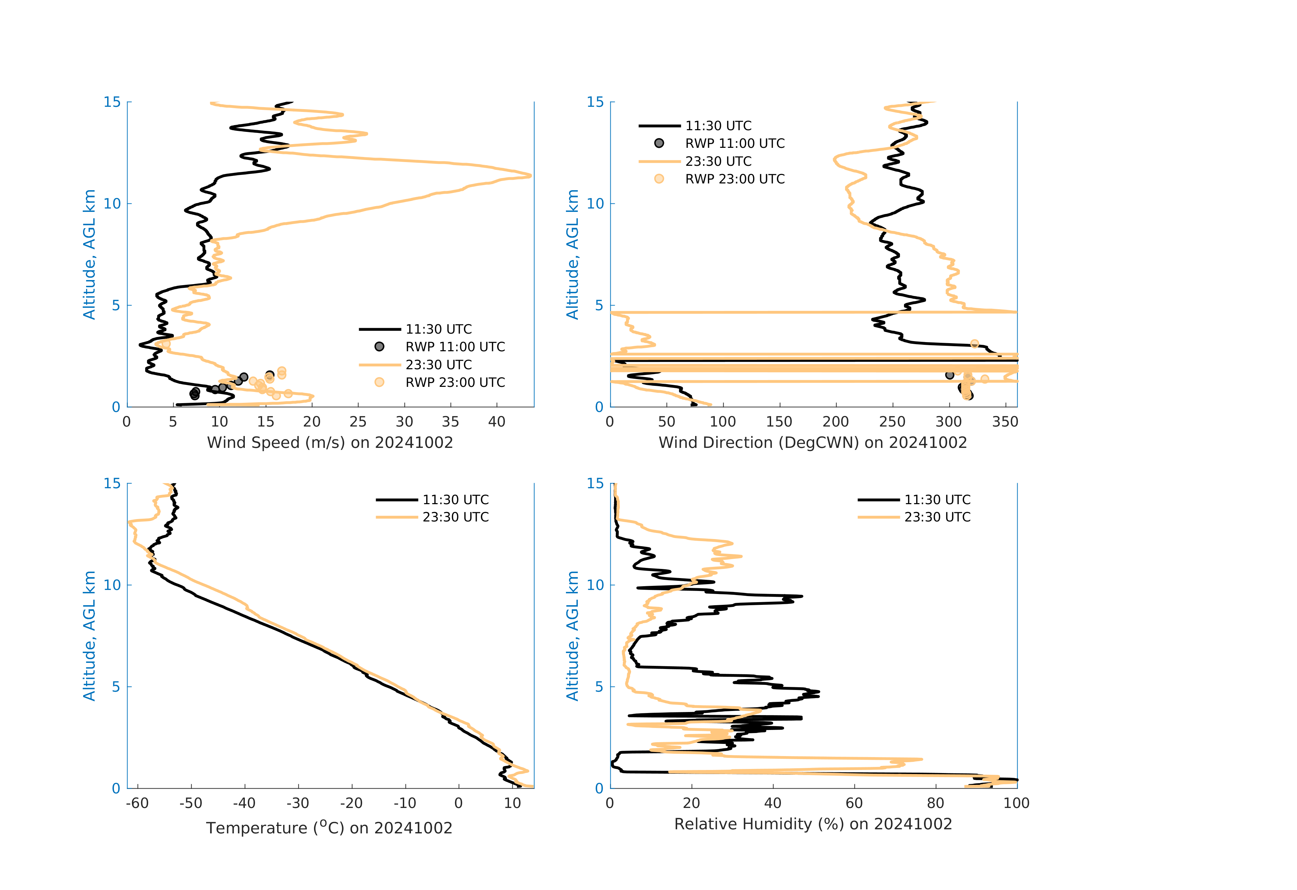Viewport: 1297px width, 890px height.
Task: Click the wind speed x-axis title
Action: pyautogui.click(x=330, y=442)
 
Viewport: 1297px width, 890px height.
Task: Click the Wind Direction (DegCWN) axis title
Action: pyautogui.click(x=812, y=442)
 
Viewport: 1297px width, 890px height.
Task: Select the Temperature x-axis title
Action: pyautogui.click(x=329, y=828)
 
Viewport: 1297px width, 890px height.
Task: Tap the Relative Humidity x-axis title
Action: pyautogui.click(x=812, y=824)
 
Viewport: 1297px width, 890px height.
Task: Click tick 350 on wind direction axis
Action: pyautogui.click(x=1005, y=422)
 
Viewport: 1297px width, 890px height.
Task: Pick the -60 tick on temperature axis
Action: pyautogui.click(x=137, y=804)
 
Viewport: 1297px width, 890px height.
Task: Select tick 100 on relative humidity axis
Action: pyautogui.click(x=1016, y=804)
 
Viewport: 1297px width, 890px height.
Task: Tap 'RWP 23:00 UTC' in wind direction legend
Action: pyautogui.click(x=734, y=179)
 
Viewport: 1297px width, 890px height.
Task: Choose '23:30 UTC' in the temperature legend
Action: pyautogui.click(x=455, y=517)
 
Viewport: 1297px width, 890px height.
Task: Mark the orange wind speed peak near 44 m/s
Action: pyautogui.click(x=530, y=176)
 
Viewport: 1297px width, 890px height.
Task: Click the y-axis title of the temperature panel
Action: pyautogui.click(x=89, y=636)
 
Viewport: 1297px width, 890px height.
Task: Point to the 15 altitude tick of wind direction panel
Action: pyautogui.click(x=595, y=102)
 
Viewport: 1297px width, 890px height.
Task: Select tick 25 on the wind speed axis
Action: pyautogui.click(x=358, y=422)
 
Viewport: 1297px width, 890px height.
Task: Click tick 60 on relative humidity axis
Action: pyautogui.click(x=854, y=804)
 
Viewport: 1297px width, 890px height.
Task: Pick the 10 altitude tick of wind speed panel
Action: pyautogui.click(x=112, y=204)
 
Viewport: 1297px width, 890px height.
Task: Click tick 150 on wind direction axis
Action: pyautogui.click(x=779, y=422)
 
